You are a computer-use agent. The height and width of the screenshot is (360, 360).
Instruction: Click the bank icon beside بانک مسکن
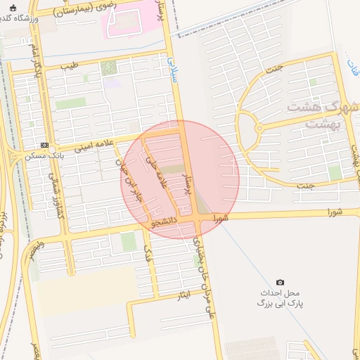click(x=46, y=146)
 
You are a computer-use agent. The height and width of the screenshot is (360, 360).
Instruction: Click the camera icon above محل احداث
click(x=281, y=282)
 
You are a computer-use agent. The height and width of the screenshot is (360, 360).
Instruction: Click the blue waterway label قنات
click(x=352, y=67)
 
